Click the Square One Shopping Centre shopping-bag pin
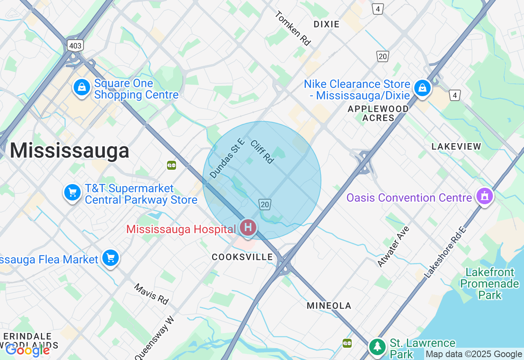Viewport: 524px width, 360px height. point(82,88)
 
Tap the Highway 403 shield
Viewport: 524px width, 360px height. point(75,45)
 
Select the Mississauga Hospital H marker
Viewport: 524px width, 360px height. point(248,227)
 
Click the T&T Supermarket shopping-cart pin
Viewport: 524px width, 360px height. point(72,192)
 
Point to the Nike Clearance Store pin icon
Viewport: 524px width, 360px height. point(422,88)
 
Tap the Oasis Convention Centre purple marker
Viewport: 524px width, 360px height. point(485,196)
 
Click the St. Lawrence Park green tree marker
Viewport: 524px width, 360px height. point(377,346)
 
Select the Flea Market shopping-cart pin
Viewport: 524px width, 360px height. point(110,258)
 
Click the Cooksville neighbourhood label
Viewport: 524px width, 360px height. point(242,257)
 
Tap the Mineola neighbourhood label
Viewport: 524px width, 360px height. point(329,306)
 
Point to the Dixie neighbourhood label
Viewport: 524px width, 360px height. point(327,24)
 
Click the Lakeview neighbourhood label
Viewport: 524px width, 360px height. point(456,146)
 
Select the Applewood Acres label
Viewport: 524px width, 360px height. point(378,113)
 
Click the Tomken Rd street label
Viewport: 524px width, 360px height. point(293,28)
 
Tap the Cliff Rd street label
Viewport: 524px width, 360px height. point(262,152)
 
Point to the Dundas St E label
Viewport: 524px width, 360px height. point(227,158)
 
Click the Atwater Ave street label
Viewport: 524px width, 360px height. point(393,247)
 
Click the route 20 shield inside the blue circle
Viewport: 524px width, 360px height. point(265,204)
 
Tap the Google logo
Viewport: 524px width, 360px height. point(28,350)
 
